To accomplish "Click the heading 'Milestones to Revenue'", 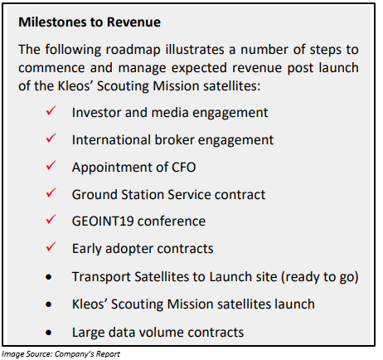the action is tap(90, 22).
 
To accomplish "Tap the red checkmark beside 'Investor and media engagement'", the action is tap(51, 111).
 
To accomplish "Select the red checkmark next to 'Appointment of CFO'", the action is tap(51, 165).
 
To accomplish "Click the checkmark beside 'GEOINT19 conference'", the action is tap(51, 220).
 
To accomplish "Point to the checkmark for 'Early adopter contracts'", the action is tap(51, 246).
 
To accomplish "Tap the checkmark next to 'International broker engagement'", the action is tap(51, 138).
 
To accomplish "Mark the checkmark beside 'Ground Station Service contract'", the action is tap(51, 192).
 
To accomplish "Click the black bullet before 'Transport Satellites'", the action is tap(49, 277).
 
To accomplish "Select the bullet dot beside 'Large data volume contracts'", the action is tap(49, 333).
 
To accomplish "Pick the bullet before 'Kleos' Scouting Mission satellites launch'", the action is tap(49, 304).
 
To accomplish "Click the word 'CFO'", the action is tap(184, 168).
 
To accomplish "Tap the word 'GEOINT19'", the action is tap(103, 221).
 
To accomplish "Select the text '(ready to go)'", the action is tap(320, 277).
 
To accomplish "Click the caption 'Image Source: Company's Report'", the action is tap(61, 354).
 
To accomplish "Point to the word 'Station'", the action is tap(142, 195).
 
